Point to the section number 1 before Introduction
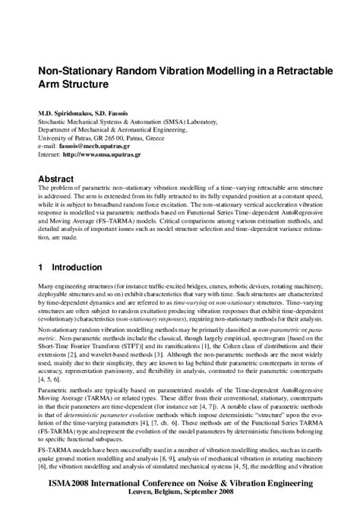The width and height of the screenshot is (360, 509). [41, 268]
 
